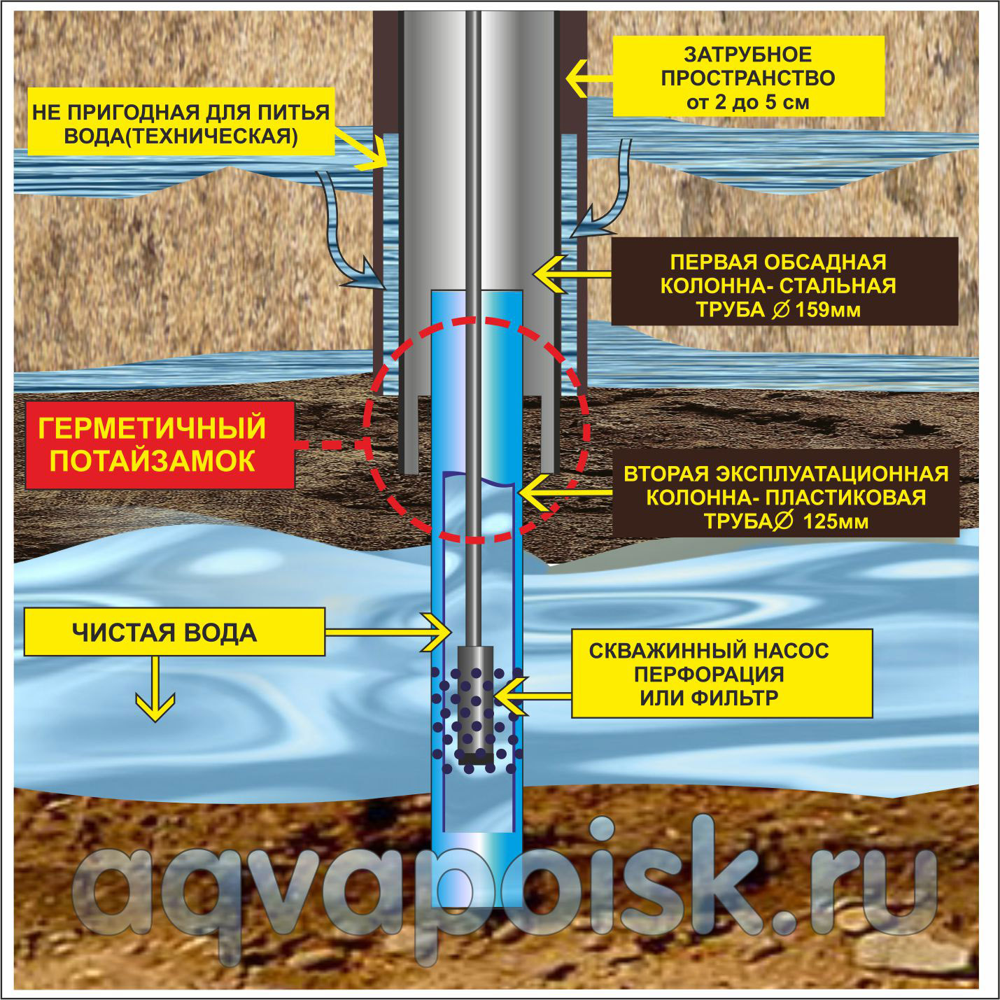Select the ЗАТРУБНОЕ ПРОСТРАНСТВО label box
[x=748, y=76]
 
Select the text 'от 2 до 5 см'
[x=748, y=102]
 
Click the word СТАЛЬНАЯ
[x=839, y=286]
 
